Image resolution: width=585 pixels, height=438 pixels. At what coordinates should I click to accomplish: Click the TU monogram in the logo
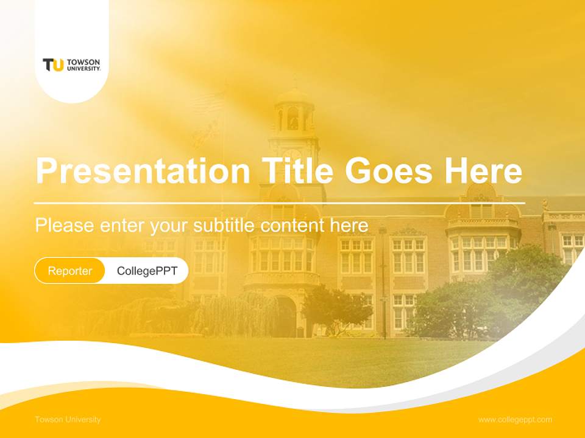click(53, 64)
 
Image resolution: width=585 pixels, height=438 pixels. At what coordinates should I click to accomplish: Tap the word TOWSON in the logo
click(83, 62)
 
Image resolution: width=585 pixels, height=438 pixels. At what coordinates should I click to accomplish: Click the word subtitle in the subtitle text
click(224, 226)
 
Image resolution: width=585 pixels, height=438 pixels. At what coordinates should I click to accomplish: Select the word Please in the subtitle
click(65, 226)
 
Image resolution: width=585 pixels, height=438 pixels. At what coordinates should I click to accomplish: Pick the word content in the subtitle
click(294, 226)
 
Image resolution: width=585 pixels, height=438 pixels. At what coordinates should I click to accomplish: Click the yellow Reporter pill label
click(70, 271)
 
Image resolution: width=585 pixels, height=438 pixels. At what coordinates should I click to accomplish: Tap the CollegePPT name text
click(147, 271)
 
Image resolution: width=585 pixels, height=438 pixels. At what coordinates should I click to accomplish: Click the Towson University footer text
click(68, 420)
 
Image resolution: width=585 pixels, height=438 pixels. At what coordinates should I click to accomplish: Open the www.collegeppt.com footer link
click(515, 420)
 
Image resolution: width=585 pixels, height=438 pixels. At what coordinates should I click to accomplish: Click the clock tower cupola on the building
click(294, 113)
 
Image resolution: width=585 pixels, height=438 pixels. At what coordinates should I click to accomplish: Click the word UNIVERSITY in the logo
click(83, 68)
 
